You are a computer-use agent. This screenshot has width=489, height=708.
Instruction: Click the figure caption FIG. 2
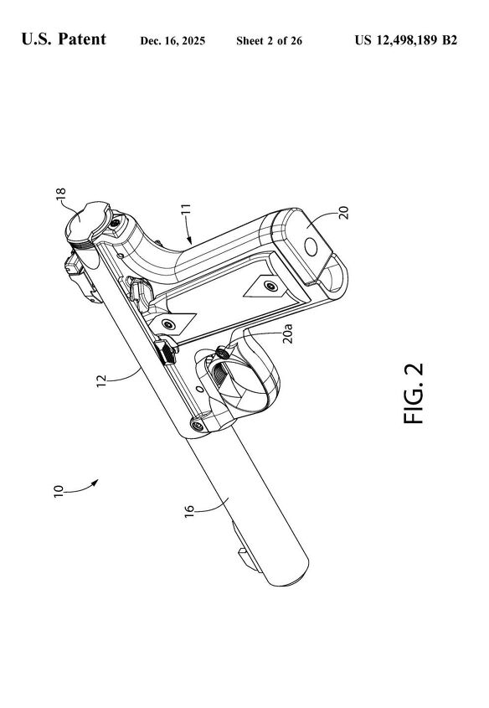[414, 394]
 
